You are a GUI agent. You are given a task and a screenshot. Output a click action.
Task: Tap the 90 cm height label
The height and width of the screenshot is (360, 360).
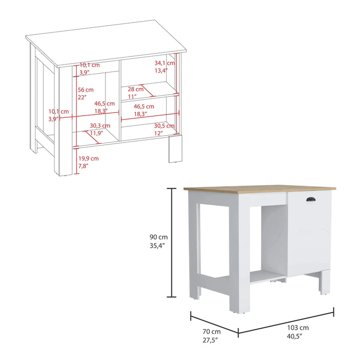(x=158, y=237)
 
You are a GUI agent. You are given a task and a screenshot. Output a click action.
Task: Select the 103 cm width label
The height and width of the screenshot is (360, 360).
(x=298, y=328)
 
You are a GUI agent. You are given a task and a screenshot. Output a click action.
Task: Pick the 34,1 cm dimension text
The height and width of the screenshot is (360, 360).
(x=165, y=63)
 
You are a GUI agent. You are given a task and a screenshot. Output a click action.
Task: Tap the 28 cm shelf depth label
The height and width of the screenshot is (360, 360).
(x=136, y=89)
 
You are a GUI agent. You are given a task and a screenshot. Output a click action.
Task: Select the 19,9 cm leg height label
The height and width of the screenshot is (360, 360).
(x=88, y=158)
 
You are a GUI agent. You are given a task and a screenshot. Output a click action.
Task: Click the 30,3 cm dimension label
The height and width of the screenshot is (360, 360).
(x=100, y=125)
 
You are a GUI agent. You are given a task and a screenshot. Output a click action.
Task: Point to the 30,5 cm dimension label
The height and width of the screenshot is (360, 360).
(x=165, y=125)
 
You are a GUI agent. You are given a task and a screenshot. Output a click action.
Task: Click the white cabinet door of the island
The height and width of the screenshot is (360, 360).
(x=307, y=231)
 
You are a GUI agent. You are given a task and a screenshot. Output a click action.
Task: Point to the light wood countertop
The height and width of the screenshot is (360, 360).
(x=257, y=188)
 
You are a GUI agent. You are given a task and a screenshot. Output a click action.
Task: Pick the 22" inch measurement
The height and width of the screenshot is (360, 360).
(x=82, y=97)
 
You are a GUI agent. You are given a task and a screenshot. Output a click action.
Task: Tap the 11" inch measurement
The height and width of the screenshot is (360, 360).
(x=132, y=97)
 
